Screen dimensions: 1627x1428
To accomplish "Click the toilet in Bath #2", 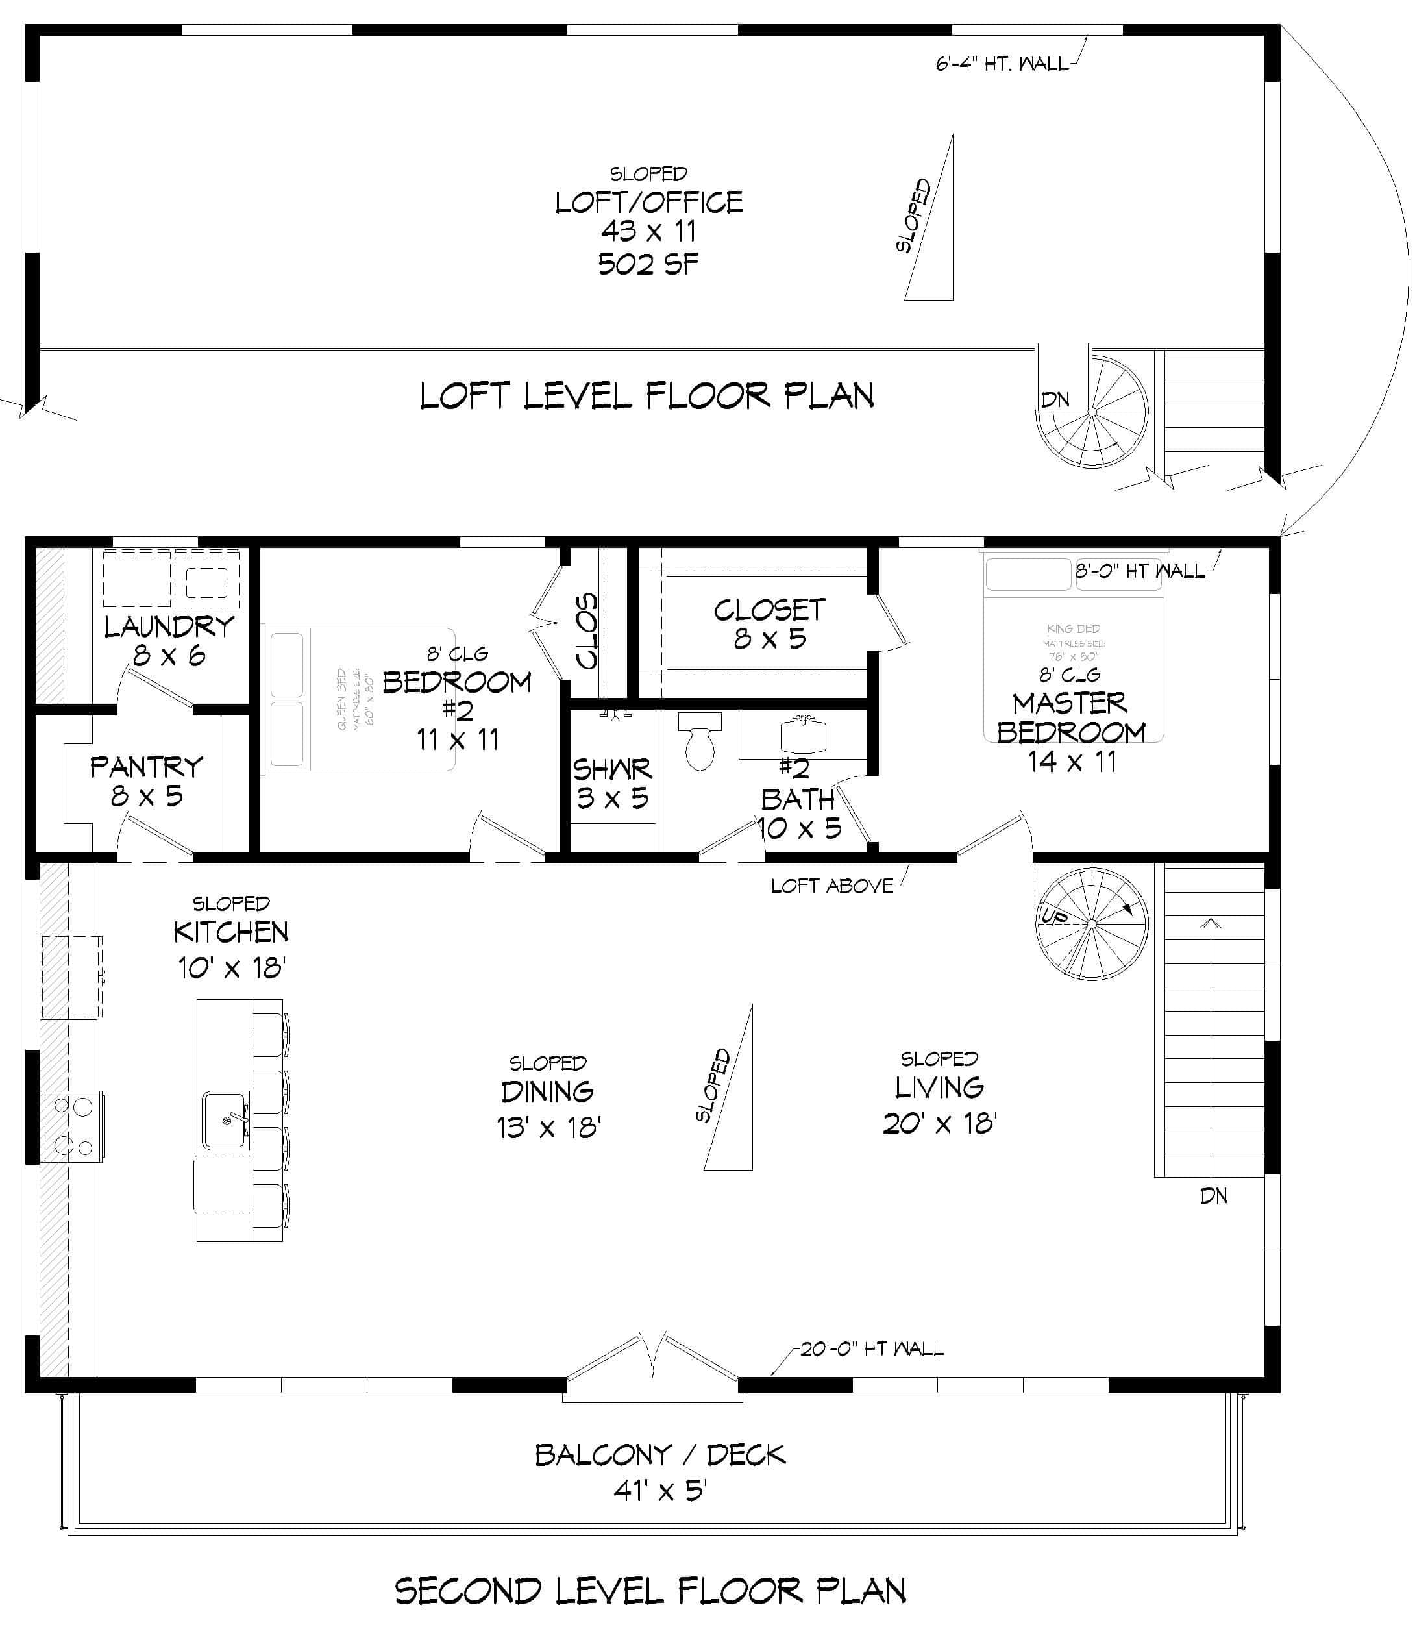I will (699, 743).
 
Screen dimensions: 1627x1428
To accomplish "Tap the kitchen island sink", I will (225, 1120).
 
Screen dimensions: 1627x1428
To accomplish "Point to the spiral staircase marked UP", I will (1092, 923).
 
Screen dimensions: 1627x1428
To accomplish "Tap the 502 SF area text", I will (648, 264).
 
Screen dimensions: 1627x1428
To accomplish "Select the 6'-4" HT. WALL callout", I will (1002, 64).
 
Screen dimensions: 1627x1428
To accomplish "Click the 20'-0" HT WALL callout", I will (872, 1348).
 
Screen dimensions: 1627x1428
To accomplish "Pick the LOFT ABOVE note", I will (831, 886).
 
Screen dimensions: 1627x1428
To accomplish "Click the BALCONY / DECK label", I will (660, 1456).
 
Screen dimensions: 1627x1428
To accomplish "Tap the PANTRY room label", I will (147, 767).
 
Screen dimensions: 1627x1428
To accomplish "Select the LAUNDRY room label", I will (169, 627).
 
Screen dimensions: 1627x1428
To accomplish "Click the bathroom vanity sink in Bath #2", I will (803, 735).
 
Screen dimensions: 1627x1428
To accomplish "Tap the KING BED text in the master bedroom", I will (1073, 629).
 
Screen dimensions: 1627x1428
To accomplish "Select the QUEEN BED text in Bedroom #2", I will (342, 700).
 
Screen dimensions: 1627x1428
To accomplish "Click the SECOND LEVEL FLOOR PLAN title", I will (650, 1591).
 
